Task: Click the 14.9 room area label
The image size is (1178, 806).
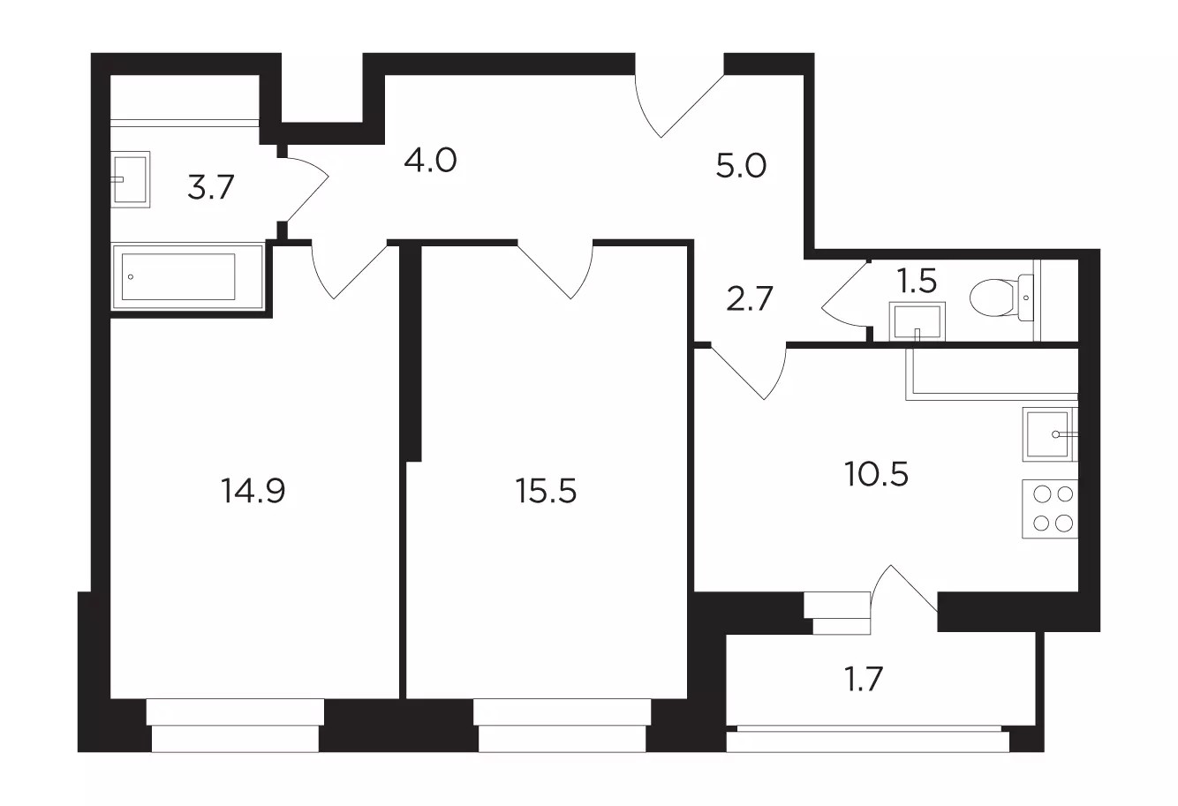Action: tap(253, 491)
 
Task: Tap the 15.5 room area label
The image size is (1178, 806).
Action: tap(546, 491)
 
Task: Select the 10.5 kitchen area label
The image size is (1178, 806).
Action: tap(876, 474)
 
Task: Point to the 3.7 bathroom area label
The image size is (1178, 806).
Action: tap(210, 187)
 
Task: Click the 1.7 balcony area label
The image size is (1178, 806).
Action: tap(863, 678)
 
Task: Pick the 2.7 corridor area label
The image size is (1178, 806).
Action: tap(750, 298)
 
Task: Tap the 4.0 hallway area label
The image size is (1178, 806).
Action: tap(430, 160)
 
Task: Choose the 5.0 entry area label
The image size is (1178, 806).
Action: tap(741, 166)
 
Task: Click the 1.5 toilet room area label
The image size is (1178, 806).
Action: tap(917, 281)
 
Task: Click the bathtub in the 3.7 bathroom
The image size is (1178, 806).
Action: tap(187, 276)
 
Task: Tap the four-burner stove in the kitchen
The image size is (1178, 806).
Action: tap(1050, 509)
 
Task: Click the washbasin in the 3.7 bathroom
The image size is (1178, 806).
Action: tap(131, 179)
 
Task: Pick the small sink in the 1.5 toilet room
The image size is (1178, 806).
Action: tap(917, 320)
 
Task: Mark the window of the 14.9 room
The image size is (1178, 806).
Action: tap(235, 725)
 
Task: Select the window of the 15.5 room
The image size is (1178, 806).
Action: tap(563, 725)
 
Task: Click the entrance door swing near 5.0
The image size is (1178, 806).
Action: tap(678, 106)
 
